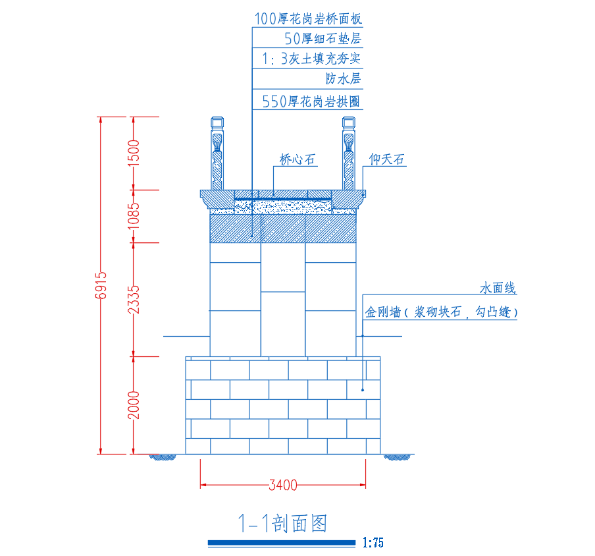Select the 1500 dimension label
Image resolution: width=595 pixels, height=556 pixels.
coord(134,153)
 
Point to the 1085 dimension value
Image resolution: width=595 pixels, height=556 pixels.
coord(134,215)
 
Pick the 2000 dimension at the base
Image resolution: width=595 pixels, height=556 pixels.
coord(134,404)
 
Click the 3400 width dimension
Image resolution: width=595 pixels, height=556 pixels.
coord(283,486)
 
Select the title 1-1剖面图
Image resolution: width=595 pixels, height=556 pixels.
coord(282,524)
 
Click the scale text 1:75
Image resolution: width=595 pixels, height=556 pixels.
coord(373,543)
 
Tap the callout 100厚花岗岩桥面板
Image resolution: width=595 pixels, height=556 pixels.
coord(308,19)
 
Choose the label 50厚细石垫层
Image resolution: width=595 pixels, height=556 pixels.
coord(323,39)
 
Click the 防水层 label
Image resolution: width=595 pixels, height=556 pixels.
coord(344,78)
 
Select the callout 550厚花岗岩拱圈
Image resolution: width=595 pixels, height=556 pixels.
coord(312,101)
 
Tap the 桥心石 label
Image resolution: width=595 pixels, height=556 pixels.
coord(297,159)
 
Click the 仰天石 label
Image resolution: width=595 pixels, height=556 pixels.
coord(386,159)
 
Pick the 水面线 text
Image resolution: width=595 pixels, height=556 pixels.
coord(498,288)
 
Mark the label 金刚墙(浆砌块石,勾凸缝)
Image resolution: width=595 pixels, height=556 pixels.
coord(441,312)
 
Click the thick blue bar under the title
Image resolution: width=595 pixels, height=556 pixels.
coord(282,543)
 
